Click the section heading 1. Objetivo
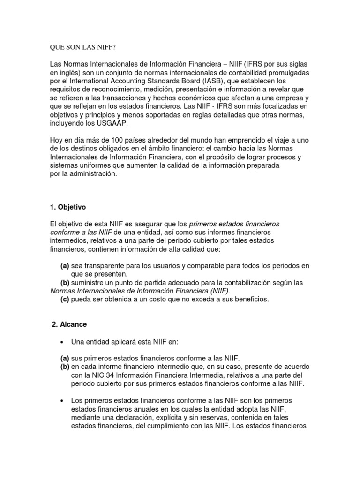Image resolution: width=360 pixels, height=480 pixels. [68, 207]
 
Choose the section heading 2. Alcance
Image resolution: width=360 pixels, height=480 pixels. [68, 324]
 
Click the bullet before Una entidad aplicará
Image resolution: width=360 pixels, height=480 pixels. [62, 341]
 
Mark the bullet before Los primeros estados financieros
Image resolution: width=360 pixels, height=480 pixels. [62, 401]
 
